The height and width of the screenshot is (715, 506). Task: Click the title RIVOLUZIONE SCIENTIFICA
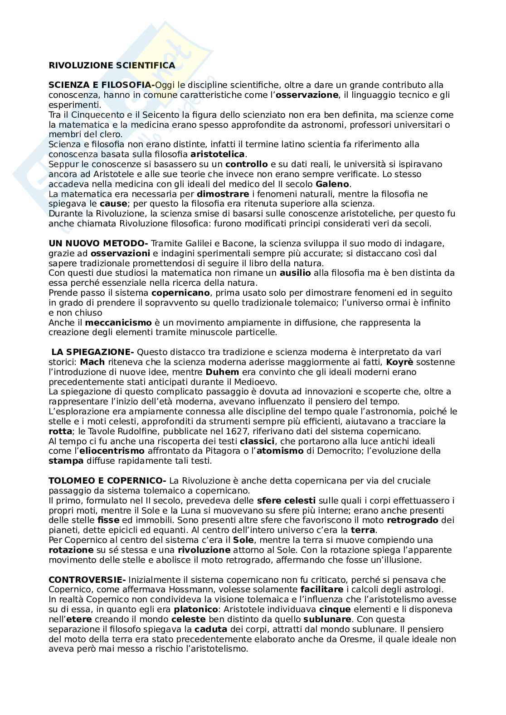coord(112,66)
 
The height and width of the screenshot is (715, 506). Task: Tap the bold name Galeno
coord(332,184)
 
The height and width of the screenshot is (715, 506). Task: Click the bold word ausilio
coord(295,273)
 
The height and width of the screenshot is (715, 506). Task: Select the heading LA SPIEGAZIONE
coord(92,352)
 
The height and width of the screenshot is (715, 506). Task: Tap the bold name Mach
coord(92,362)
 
